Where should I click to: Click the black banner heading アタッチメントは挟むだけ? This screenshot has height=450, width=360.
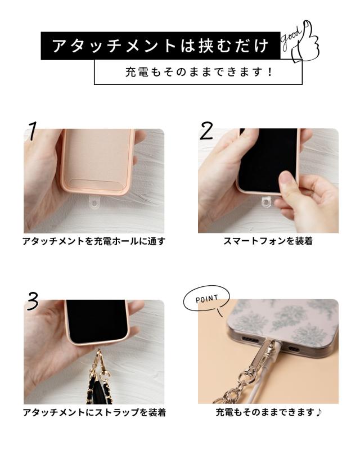point(160,46)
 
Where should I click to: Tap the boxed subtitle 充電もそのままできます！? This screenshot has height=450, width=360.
point(198,73)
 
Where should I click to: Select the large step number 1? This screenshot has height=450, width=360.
point(33,131)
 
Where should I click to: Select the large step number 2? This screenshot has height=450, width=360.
point(206,131)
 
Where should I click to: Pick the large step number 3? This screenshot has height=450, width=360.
point(33,302)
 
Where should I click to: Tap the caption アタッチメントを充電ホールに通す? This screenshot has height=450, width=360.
point(94,241)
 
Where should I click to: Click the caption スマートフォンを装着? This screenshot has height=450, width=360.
point(268,241)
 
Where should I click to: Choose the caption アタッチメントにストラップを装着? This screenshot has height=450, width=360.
point(94,412)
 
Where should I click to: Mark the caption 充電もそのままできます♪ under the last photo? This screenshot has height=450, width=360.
point(268,412)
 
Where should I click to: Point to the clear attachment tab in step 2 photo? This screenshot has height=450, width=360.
point(268,201)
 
